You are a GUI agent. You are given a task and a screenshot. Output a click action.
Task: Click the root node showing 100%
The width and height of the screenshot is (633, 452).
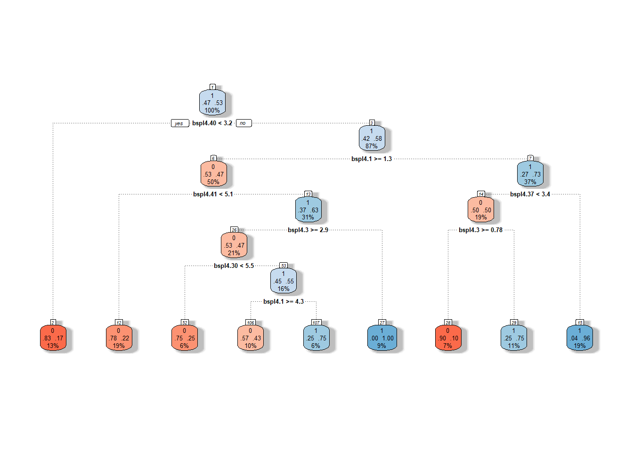(212, 103)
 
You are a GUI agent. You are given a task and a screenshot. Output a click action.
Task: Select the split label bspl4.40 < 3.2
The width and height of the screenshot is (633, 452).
(212, 123)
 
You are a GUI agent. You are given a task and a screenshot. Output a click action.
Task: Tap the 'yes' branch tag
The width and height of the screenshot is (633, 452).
(179, 123)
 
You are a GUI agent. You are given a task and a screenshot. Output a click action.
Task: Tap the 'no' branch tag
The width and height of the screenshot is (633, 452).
(243, 123)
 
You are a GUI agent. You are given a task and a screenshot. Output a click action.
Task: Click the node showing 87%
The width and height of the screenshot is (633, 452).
(372, 139)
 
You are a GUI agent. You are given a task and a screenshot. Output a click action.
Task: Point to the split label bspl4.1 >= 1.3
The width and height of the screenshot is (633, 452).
(372, 159)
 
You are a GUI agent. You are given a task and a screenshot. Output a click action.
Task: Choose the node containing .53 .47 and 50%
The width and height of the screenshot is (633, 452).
(213, 175)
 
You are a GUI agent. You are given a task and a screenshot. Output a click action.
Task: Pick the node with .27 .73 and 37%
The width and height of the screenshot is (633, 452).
(530, 175)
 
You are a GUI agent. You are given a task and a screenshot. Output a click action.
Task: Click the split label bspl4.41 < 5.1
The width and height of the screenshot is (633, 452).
(213, 194)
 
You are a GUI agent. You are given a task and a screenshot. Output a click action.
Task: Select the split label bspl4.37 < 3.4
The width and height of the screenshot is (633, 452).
(530, 194)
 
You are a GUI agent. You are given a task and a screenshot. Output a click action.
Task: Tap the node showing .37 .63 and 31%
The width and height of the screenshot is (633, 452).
(308, 210)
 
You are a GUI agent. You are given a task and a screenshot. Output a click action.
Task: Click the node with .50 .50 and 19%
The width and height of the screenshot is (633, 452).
(481, 210)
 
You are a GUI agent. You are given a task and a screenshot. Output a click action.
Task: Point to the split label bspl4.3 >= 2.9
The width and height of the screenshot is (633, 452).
(308, 230)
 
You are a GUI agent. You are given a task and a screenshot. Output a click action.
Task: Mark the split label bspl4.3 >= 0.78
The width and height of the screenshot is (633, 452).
(480, 230)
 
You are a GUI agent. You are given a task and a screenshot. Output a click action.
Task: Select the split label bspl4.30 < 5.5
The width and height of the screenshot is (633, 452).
(234, 266)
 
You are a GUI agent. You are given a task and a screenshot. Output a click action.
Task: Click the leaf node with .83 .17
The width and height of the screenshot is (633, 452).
(53, 338)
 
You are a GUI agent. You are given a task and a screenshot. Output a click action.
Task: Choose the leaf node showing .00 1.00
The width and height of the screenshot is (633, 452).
(382, 338)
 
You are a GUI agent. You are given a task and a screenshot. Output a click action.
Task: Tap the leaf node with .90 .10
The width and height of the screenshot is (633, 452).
(448, 338)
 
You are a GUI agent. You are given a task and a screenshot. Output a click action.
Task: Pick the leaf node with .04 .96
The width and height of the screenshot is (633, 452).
(580, 338)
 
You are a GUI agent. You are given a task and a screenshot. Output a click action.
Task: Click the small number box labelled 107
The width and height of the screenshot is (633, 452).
(316, 323)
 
